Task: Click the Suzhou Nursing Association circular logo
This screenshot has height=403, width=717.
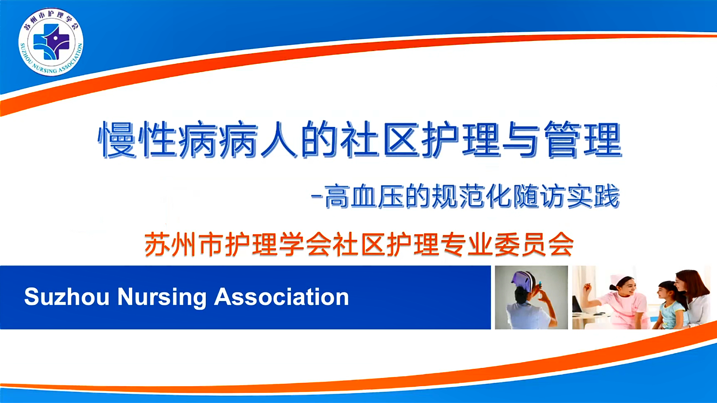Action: point(51,42)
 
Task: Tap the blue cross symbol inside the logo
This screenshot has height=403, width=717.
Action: point(51,42)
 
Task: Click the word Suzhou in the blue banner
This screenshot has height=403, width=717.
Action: point(66,297)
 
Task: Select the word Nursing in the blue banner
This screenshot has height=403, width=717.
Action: point(162,298)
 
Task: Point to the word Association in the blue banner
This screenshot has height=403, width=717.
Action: point(282,297)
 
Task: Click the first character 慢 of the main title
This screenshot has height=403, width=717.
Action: point(117,139)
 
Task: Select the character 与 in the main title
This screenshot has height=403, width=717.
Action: point(522,139)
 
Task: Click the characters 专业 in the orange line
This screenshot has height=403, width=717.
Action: point(466,245)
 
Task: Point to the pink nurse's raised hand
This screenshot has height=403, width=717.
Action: point(587,287)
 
